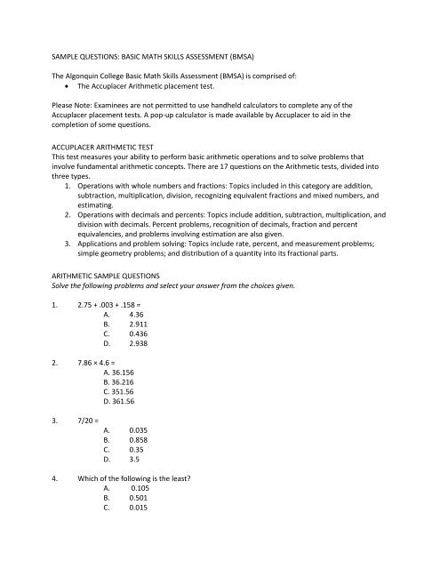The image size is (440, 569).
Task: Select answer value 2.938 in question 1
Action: point(140,380)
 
